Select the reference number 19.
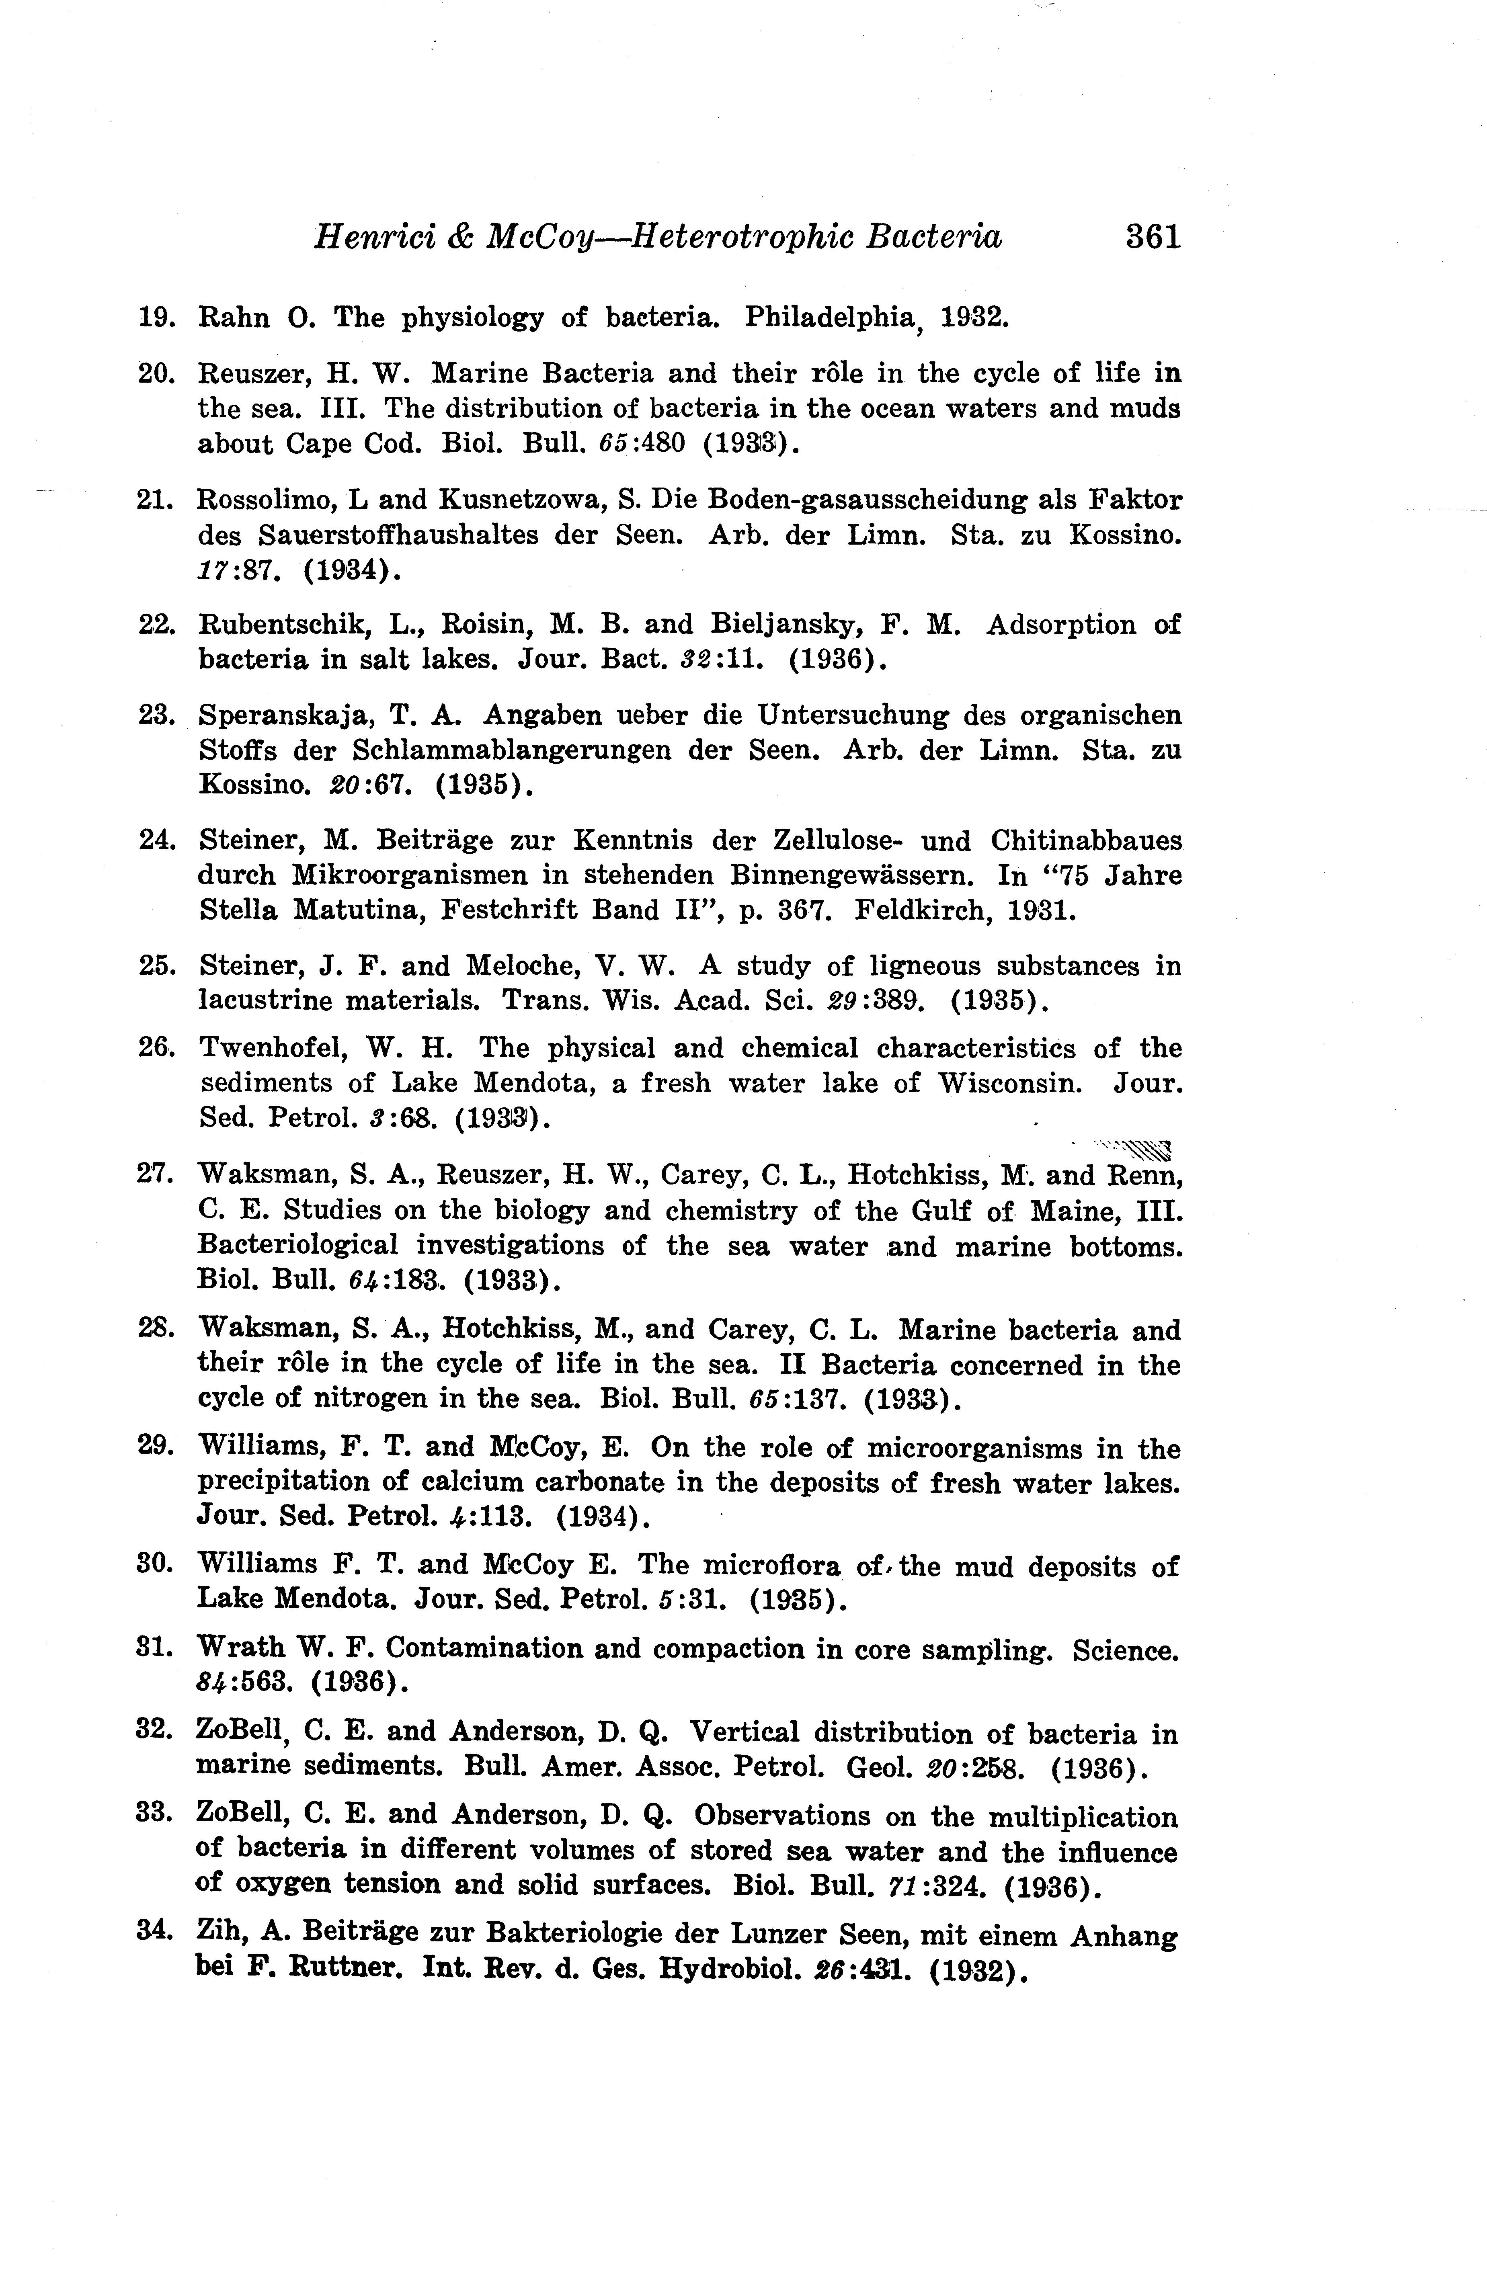pos(156,318)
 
